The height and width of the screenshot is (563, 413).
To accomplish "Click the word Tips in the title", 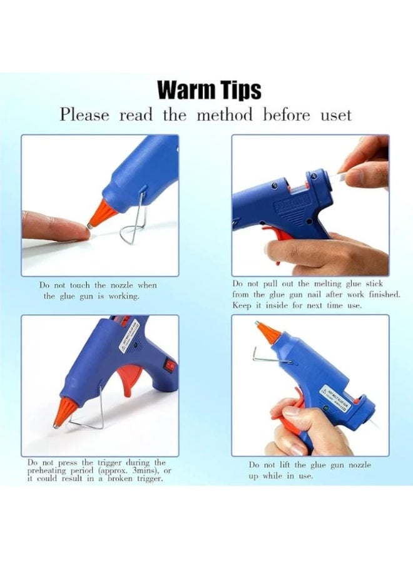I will (238, 90).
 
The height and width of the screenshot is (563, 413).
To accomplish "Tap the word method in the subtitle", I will (225, 116).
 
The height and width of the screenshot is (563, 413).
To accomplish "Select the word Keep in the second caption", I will (243, 305).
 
